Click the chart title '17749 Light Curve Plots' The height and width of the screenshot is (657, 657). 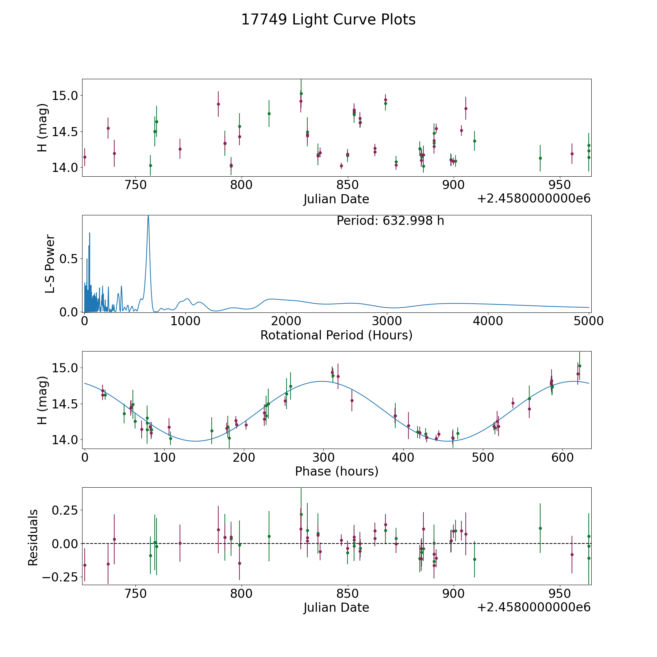[x=328, y=20]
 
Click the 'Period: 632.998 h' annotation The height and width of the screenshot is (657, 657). [x=390, y=221]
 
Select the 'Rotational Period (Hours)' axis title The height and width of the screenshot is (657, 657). [x=336, y=335]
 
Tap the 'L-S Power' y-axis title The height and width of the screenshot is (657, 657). [x=50, y=264]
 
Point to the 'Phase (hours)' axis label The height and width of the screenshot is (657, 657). [x=337, y=471]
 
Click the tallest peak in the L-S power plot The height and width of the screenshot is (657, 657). [x=148, y=216]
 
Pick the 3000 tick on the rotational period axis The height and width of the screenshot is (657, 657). [x=387, y=321]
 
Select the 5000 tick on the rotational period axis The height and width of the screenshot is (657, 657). [x=589, y=321]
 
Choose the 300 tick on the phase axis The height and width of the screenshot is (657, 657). [x=323, y=457]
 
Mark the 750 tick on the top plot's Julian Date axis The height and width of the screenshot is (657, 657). [x=135, y=185]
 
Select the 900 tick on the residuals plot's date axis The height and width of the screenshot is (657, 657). [x=454, y=593]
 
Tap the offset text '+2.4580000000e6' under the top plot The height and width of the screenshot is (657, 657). [x=534, y=199]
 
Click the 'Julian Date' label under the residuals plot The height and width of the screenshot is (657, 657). [x=336, y=607]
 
